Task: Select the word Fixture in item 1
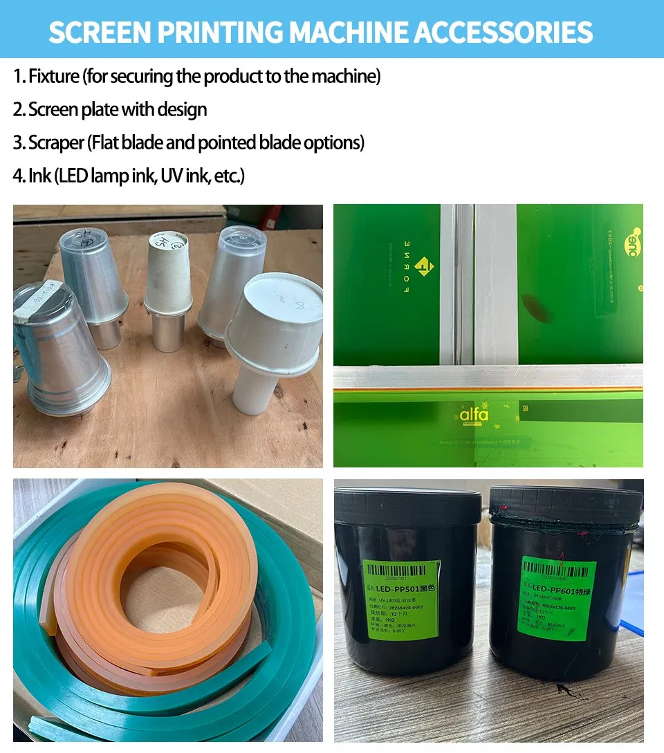tap(54, 76)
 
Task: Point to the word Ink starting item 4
tap(40, 176)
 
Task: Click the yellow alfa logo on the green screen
tap(474, 414)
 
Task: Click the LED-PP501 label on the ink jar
tap(401, 599)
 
